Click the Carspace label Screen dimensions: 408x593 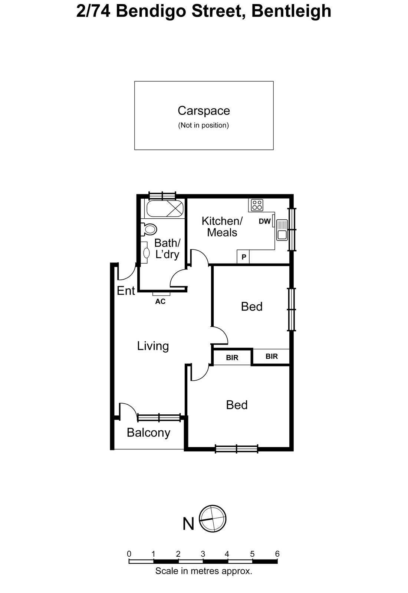click(204, 111)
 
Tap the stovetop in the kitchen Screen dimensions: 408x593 click(257, 205)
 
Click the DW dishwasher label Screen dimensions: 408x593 click(265, 221)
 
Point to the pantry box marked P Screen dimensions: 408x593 click(243, 257)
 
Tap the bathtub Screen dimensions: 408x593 click(165, 209)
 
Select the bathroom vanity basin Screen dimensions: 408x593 click(146, 252)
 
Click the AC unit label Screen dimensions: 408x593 click(160, 301)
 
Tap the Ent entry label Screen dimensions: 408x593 click(126, 291)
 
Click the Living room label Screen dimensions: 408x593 click(153, 346)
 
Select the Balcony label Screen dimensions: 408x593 click(148, 433)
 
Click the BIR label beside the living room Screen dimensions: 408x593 click(232, 358)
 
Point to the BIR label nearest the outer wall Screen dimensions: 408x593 click(272, 356)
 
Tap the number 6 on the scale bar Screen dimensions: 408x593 click(277, 554)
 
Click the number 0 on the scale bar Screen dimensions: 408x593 click(129, 554)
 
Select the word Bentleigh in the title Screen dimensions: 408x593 click(291, 11)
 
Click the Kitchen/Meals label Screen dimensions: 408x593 click(222, 227)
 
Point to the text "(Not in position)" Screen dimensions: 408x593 click(204, 125)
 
